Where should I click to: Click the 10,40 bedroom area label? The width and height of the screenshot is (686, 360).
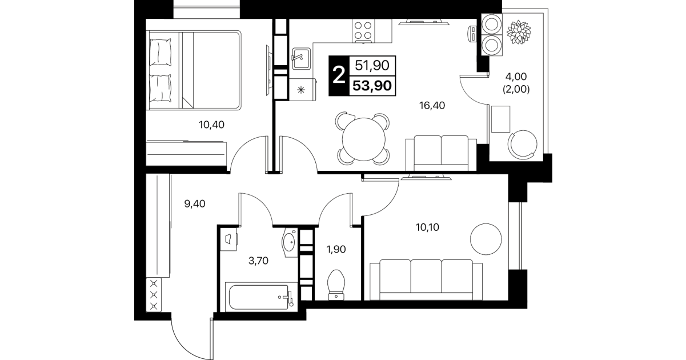click(211, 125)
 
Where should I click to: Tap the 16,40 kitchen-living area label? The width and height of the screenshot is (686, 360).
click(432, 106)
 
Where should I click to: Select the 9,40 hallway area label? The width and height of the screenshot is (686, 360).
click(195, 204)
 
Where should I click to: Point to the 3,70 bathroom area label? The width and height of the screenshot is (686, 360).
click(259, 261)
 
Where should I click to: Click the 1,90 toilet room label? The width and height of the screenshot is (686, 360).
click(336, 249)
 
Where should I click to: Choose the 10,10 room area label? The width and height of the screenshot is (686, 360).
click(427, 227)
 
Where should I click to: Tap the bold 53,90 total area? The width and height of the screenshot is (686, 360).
click(372, 86)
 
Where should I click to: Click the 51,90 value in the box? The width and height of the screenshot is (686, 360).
click(372, 66)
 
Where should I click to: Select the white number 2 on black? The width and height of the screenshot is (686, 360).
click(339, 75)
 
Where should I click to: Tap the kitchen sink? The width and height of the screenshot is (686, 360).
click(301, 58)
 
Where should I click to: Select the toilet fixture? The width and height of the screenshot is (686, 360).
click(336, 285)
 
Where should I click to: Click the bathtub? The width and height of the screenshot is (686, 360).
click(259, 297)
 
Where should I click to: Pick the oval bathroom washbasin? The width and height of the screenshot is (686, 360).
click(289, 242)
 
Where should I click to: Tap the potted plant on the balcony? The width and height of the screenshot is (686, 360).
click(519, 32)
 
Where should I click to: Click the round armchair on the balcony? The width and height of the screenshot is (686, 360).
click(523, 145)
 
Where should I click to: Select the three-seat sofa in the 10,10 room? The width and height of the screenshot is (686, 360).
click(426, 280)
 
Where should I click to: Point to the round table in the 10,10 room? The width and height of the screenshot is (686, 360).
click(486, 239)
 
